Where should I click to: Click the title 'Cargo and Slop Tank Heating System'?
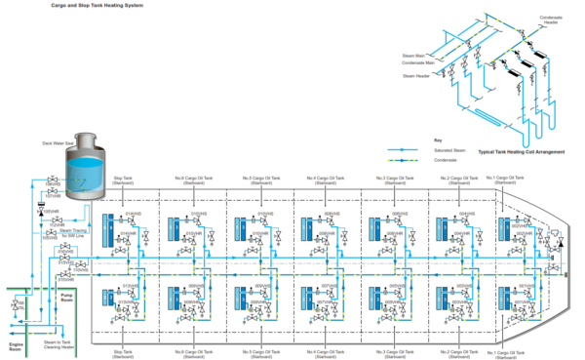[84, 6]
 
